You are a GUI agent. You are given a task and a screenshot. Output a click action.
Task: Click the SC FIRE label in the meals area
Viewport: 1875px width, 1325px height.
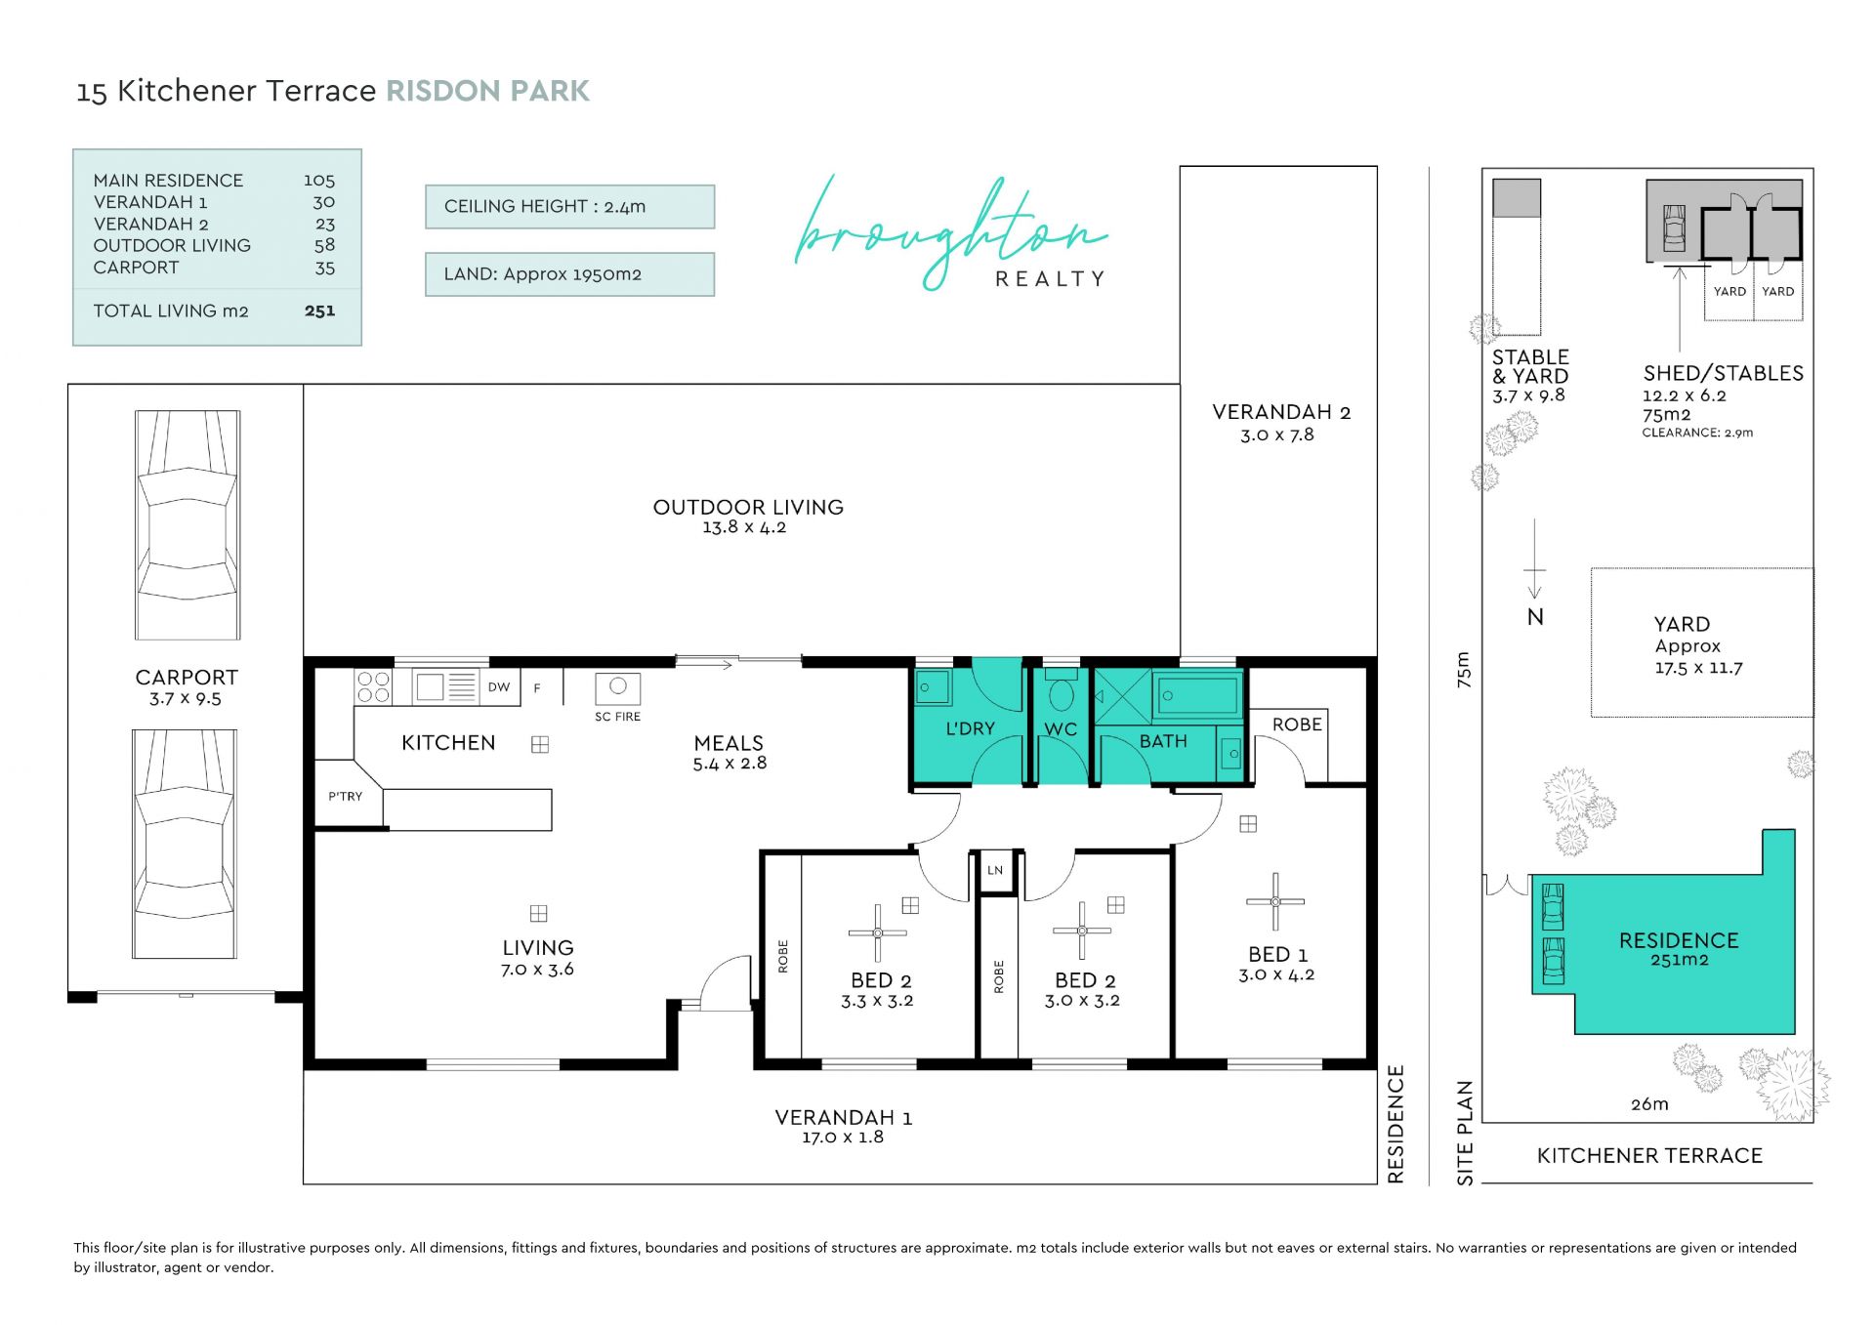coord(617,717)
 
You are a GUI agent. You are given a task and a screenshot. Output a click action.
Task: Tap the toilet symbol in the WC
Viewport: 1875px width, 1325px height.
coord(1061,691)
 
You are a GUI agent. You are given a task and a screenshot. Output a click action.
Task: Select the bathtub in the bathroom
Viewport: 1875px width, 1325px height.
coord(1197,696)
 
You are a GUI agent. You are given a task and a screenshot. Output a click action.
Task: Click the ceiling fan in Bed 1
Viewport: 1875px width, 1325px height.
coord(1275,901)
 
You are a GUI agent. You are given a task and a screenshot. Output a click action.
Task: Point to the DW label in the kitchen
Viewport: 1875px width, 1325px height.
coord(499,686)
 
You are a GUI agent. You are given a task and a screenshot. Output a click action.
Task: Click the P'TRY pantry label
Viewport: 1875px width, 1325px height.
coord(346,796)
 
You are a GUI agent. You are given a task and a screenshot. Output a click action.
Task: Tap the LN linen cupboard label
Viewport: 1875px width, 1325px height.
coord(995,870)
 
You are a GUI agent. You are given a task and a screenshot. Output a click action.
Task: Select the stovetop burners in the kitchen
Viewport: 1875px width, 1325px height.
coord(373,686)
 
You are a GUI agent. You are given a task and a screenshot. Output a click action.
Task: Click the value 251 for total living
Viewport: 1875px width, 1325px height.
coord(319,311)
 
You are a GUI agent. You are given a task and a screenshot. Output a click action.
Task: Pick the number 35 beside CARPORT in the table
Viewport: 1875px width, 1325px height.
coord(325,268)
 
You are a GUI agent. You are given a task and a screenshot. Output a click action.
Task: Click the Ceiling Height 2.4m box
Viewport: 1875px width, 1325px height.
coord(570,207)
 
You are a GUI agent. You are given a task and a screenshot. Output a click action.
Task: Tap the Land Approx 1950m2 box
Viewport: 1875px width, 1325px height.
coord(570,274)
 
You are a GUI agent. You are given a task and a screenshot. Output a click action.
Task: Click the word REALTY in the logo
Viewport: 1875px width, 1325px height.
coord(1050,279)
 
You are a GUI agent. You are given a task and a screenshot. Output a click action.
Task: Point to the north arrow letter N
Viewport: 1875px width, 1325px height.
coord(1535,617)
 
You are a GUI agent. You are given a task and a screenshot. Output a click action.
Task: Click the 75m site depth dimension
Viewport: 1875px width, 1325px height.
coord(1463,670)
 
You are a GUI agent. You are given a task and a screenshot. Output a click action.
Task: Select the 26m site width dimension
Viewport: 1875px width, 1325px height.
coord(1649,1104)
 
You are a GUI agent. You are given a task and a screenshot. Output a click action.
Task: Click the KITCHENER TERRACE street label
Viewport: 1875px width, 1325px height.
coord(1649,1156)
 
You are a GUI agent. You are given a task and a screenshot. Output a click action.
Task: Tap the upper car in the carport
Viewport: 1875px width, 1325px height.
coord(187,524)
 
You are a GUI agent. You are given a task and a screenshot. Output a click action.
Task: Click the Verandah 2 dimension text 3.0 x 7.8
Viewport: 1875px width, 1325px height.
coord(1277,435)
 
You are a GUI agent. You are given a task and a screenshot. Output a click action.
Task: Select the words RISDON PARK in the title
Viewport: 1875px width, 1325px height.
coord(488,91)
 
